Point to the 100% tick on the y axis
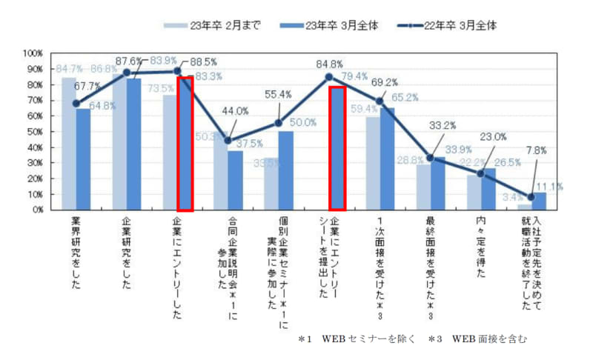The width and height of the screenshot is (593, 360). (33, 53)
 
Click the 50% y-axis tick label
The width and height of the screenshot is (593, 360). (35, 132)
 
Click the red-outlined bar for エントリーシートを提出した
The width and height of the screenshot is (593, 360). (337, 148)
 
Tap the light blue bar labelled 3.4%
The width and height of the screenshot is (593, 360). (524, 207)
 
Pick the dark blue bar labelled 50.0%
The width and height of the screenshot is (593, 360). (285, 170)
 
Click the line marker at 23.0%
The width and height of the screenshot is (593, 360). (481, 173)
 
